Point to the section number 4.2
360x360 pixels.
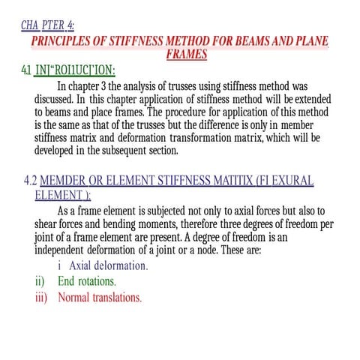[x=30, y=181]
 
